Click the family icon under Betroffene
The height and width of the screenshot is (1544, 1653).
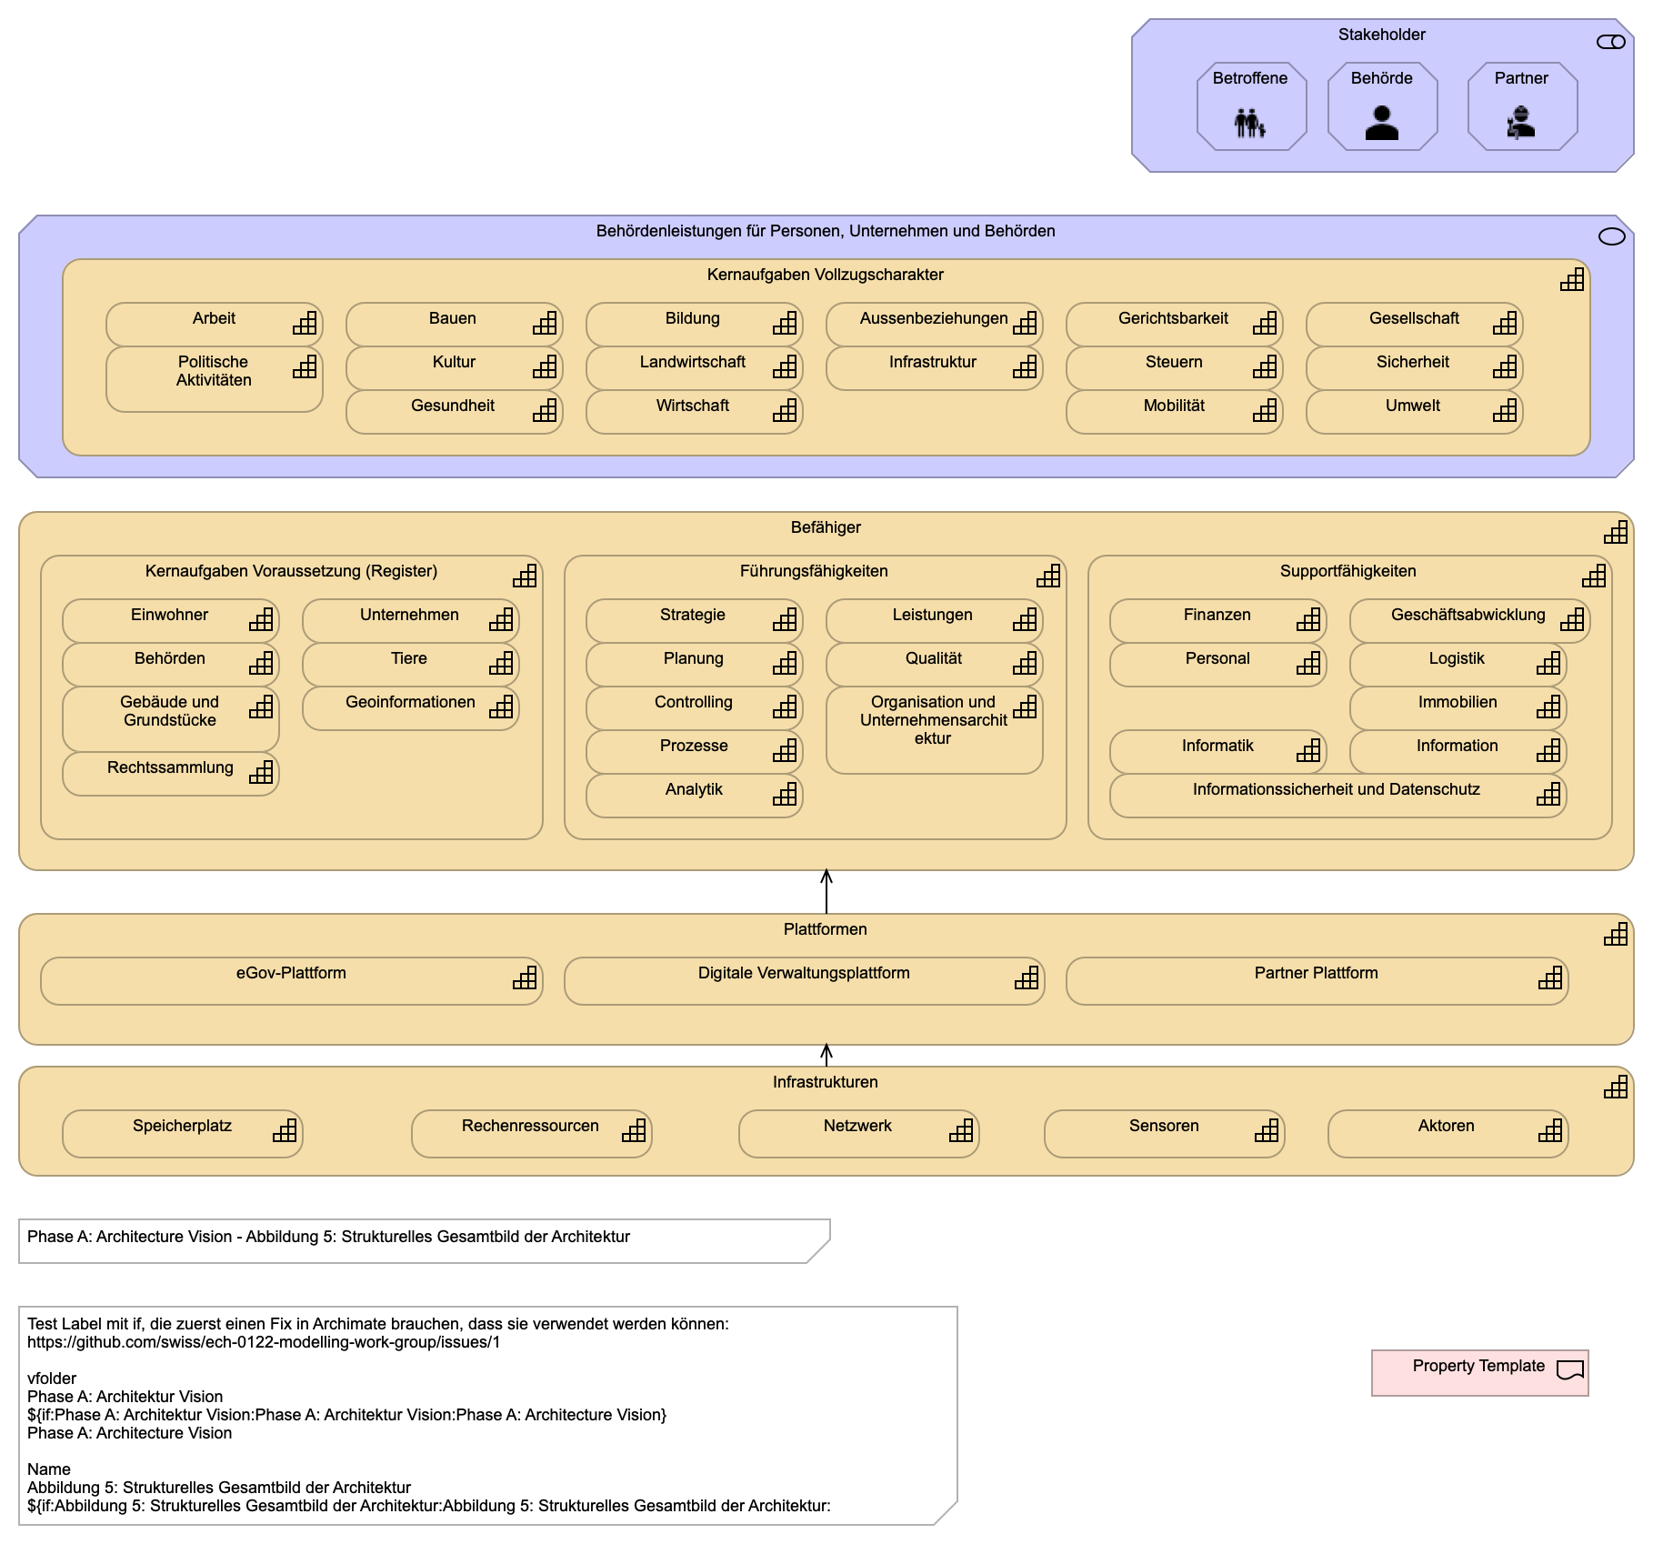click(x=1250, y=123)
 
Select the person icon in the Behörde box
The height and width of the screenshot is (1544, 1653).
click(x=1382, y=123)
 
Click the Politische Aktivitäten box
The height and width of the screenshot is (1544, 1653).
click(x=215, y=379)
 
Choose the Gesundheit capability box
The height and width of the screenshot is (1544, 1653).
click(x=455, y=412)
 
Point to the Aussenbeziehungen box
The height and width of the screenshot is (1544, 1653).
click(x=935, y=325)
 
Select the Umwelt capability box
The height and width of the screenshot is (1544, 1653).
click(x=1415, y=412)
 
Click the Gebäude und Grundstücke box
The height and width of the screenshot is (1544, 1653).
click(x=171, y=719)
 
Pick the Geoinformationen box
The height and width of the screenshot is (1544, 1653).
click(x=411, y=708)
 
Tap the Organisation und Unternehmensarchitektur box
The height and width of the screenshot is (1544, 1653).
click(x=935, y=730)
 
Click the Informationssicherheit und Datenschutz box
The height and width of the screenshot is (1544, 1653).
click(x=1338, y=796)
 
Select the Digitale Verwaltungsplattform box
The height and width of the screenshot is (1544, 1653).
click(x=805, y=981)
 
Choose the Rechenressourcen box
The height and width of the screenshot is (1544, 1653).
click(x=532, y=1134)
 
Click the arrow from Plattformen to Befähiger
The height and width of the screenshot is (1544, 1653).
click(x=826, y=892)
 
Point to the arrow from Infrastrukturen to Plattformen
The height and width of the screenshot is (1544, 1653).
click(x=826, y=1056)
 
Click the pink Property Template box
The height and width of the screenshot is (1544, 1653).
click(x=1480, y=1373)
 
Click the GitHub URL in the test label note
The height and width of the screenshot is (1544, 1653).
click(x=264, y=1342)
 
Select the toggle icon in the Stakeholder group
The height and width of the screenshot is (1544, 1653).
click(x=1611, y=42)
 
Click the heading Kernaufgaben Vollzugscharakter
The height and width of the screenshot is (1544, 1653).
click(x=826, y=275)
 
